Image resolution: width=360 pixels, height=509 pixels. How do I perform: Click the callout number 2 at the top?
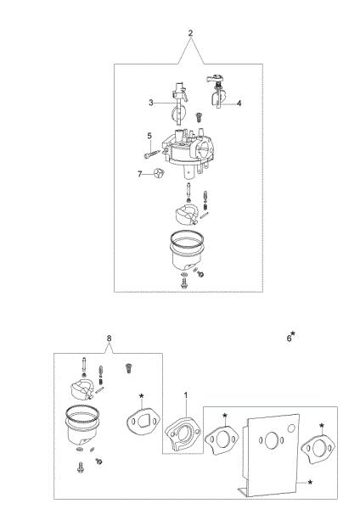click(x=190, y=33)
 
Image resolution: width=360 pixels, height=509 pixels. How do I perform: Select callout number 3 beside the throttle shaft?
click(x=151, y=103)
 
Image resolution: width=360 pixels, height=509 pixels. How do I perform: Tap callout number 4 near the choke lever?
click(x=239, y=103)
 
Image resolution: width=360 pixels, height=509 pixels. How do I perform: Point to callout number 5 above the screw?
click(x=149, y=136)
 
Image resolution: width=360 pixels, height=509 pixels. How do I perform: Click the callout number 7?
click(x=140, y=174)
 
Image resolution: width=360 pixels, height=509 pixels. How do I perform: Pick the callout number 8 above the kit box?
click(x=109, y=338)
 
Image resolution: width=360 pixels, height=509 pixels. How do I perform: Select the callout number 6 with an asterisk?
click(x=290, y=338)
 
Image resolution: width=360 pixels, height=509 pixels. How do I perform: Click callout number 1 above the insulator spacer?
click(x=186, y=395)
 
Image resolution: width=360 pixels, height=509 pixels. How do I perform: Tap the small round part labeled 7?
click(x=159, y=174)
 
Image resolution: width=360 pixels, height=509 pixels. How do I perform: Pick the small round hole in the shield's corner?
click(x=291, y=428)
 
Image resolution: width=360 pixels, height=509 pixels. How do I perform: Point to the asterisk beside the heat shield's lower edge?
click(x=310, y=483)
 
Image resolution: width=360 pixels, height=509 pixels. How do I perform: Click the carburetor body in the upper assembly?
click(x=188, y=151)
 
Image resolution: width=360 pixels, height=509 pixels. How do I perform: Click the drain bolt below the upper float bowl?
click(x=184, y=284)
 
